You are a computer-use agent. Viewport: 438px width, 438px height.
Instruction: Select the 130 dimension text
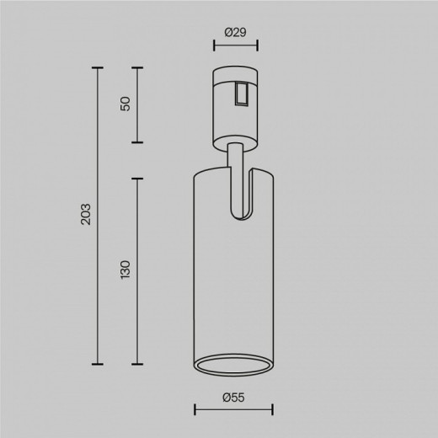tap(126, 270)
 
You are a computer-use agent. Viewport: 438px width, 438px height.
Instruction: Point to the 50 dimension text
tap(126, 104)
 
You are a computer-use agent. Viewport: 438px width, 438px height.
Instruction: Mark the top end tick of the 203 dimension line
tap(98, 67)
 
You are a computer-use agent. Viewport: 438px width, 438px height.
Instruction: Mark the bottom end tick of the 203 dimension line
tap(98, 365)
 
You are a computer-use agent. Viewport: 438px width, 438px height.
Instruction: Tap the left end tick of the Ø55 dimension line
tap(195, 411)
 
